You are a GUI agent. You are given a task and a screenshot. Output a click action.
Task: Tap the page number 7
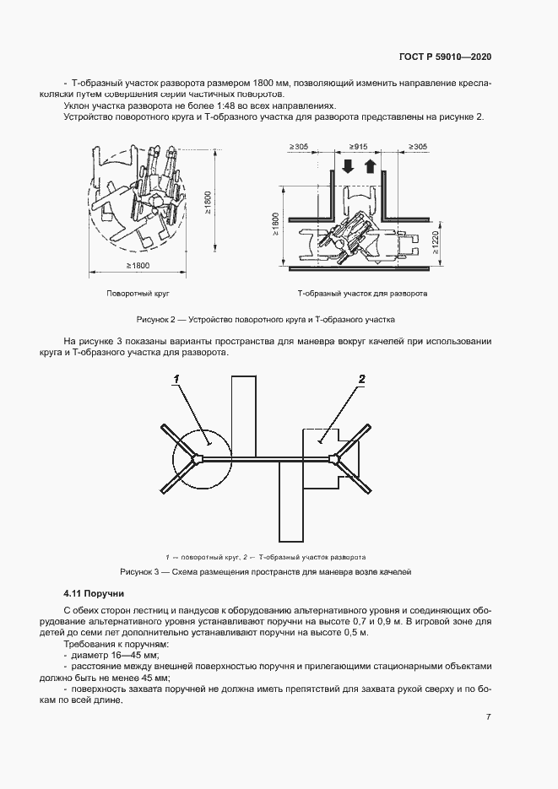tap(489, 716)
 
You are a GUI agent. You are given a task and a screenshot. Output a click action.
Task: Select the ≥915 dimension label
tap(354, 147)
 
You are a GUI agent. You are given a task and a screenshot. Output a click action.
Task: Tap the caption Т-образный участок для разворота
tap(362, 294)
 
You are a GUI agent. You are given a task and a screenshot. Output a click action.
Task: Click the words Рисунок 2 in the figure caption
tap(154, 320)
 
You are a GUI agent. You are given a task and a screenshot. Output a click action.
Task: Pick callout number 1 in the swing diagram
tap(178, 381)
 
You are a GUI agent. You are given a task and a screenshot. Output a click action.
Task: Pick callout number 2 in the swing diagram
tap(361, 380)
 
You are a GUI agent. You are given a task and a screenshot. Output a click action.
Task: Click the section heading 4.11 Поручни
tap(94, 594)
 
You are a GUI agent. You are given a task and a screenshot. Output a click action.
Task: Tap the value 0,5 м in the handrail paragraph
tap(355, 631)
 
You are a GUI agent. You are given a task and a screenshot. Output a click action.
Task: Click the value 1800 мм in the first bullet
tap(269, 84)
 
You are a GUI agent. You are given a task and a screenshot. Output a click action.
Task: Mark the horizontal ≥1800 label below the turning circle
tap(138, 266)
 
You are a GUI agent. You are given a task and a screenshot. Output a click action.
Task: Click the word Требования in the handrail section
tap(88, 643)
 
